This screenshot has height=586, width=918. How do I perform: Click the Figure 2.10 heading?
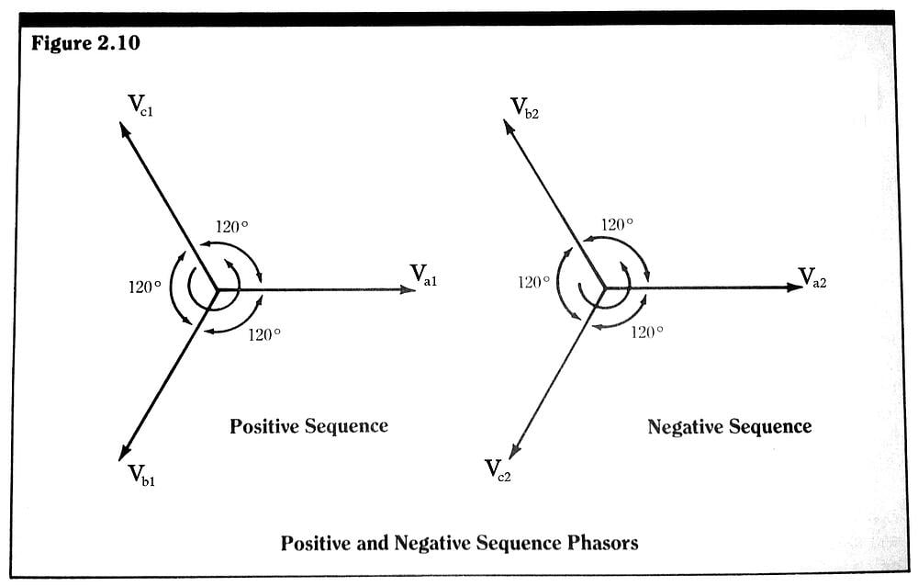[x=86, y=43]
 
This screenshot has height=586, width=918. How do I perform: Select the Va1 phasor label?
[x=423, y=275]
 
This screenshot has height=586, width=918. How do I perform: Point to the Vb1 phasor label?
[x=141, y=475]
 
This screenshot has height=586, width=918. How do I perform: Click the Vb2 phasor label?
[x=524, y=107]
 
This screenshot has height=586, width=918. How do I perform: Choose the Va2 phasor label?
[x=812, y=276]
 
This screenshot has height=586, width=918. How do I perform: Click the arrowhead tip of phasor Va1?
[x=415, y=289]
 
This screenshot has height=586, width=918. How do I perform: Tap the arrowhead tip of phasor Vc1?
[x=122, y=124]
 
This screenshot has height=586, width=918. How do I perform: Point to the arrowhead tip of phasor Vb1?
[x=120, y=458]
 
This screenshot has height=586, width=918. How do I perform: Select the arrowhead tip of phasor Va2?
[x=802, y=287]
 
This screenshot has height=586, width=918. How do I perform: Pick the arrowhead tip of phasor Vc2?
[x=509, y=456]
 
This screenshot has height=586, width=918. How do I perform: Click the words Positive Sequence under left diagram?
[x=308, y=426]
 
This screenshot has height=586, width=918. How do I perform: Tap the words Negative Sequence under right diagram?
[x=729, y=427]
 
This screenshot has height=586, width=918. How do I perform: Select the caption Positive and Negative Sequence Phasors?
[x=459, y=543]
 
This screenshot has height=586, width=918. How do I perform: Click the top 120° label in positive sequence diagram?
[x=232, y=227]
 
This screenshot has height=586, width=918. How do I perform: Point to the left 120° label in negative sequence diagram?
[x=533, y=283]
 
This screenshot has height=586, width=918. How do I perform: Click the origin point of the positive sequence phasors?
[x=217, y=289]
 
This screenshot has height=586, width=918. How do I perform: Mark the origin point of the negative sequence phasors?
[x=604, y=287]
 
